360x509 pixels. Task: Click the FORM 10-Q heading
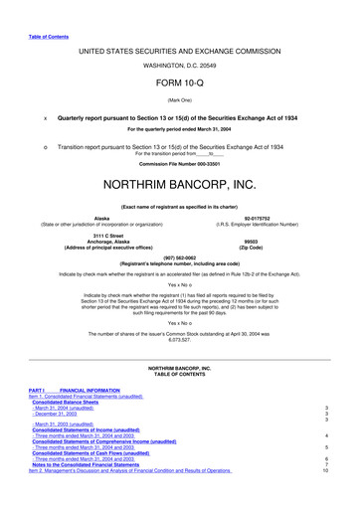(180, 83)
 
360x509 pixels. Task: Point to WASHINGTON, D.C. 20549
(180, 64)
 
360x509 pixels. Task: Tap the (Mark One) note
(180, 98)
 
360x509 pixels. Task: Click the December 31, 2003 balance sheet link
(61, 413)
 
